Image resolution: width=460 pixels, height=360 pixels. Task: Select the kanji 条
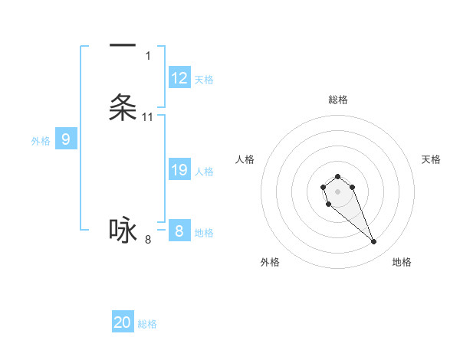click(123, 107)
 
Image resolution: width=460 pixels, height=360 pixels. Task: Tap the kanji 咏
click(123, 230)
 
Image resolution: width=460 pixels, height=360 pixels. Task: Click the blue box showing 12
click(179, 78)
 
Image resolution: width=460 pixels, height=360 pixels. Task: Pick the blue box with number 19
click(179, 170)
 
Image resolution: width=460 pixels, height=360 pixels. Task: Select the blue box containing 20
click(123, 322)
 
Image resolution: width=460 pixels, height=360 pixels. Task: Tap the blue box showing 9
click(66, 139)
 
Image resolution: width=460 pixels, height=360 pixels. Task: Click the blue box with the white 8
click(179, 231)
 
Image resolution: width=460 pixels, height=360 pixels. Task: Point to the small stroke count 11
click(148, 117)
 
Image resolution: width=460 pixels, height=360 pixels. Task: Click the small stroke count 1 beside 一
click(148, 56)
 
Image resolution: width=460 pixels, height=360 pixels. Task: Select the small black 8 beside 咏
click(148, 240)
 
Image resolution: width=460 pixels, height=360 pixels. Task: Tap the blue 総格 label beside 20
click(147, 324)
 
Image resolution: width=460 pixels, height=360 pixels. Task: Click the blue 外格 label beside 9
click(41, 141)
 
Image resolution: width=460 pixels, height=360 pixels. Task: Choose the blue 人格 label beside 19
click(204, 172)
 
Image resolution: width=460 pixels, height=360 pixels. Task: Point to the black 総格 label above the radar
click(338, 100)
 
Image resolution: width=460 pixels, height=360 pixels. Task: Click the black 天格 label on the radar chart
click(431, 159)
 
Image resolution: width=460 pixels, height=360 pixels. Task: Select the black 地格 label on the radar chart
click(402, 262)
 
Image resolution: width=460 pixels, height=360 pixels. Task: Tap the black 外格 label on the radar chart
click(270, 262)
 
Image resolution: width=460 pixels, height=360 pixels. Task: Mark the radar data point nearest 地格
click(374, 242)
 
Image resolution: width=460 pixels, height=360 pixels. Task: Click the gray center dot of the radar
click(337, 191)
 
